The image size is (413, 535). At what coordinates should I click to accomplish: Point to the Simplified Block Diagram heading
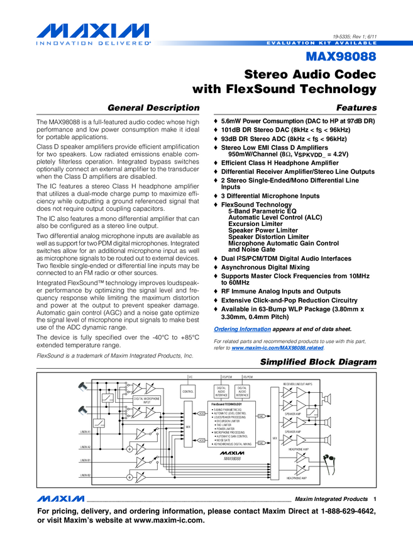318,363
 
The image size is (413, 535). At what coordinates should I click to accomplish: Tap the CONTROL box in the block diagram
188,391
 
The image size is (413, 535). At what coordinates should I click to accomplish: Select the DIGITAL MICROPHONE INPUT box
147,400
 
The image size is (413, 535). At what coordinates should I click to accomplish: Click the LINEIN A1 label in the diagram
85,432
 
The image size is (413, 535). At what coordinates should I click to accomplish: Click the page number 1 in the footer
374,498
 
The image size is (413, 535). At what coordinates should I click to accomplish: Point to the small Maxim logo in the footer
60,498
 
